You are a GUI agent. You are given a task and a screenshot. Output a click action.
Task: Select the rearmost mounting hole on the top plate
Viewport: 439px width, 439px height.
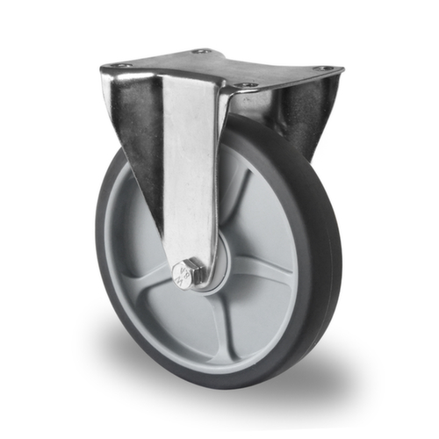pyautogui.click(x=202, y=51)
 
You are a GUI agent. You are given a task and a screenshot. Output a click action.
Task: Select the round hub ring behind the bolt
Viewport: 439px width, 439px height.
pyautogui.click(x=215, y=263)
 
